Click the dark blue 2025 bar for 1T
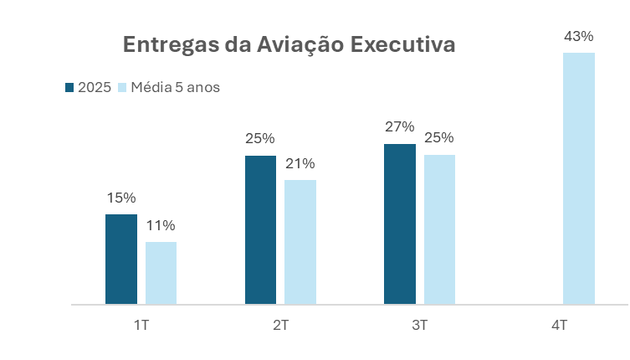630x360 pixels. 121,260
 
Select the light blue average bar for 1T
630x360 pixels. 161,273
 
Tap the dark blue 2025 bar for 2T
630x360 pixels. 260,230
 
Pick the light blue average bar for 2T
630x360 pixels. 300,242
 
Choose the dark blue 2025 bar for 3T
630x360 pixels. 400,224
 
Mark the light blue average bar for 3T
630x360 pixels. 439,229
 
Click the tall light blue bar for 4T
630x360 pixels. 579,178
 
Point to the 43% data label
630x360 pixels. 579,37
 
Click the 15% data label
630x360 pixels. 121,198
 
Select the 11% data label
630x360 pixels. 161,226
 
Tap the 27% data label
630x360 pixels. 400,127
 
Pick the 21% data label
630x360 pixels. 300,164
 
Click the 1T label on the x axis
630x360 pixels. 141,325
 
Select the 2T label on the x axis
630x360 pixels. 281,325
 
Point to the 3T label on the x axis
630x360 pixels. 420,325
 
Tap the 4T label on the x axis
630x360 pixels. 560,325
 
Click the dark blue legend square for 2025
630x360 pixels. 69,87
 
